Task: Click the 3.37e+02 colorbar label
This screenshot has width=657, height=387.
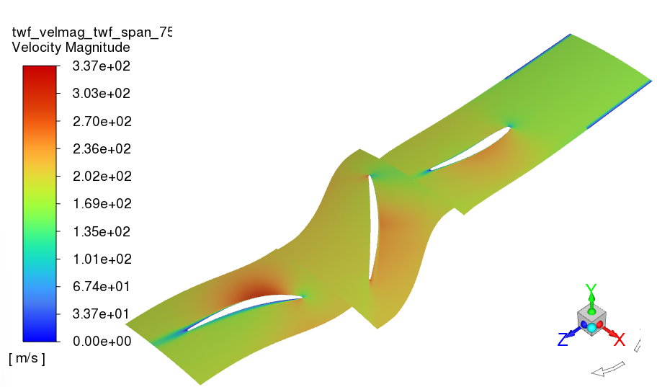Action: click(x=102, y=66)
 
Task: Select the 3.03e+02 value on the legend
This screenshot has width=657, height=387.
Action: click(x=102, y=94)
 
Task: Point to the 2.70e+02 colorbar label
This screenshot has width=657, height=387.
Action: click(x=102, y=121)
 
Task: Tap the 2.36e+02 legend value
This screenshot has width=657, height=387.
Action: click(x=102, y=148)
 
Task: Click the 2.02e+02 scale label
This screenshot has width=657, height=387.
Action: click(x=102, y=176)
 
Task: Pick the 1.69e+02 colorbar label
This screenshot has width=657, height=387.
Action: click(x=102, y=203)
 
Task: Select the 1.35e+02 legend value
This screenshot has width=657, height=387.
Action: click(x=102, y=231)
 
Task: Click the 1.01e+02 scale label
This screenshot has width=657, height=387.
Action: click(x=102, y=259)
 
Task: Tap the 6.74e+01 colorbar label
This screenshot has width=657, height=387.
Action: click(x=102, y=286)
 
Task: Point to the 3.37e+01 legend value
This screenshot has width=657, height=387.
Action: click(x=102, y=313)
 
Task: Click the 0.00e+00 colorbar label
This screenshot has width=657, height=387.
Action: click(x=102, y=341)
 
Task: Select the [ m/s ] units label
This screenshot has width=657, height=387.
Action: click(x=27, y=359)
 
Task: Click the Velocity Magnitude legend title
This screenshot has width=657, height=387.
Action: click(x=71, y=48)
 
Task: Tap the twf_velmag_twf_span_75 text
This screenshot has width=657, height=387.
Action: click(x=91, y=32)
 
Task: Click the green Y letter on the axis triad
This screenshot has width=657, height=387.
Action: click(x=591, y=290)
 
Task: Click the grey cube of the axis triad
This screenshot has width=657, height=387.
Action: click(x=591, y=316)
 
